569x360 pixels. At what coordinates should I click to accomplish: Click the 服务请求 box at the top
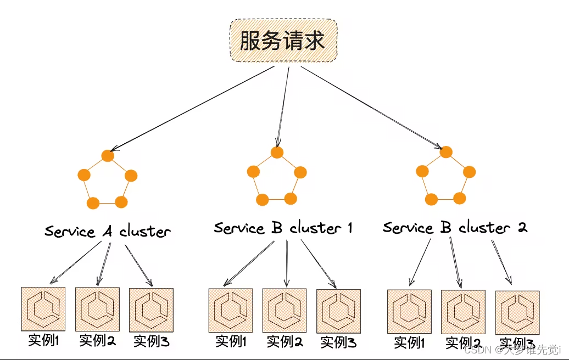[x=282, y=41]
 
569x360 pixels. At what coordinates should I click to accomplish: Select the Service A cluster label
[x=108, y=231]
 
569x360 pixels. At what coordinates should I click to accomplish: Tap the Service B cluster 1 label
[x=283, y=227]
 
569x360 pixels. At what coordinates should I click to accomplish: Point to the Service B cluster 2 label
[x=455, y=227]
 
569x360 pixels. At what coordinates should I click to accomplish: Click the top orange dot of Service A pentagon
[x=108, y=156]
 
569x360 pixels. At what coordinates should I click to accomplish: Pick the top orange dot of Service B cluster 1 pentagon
[x=277, y=152]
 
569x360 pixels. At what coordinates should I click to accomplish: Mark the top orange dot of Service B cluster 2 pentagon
[x=446, y=152]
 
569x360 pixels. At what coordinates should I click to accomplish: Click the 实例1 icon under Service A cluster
[x=43, y=308]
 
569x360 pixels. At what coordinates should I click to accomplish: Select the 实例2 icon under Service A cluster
[x=97, y=309]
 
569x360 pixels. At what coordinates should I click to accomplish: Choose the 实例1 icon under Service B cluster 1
[x=231, y=311]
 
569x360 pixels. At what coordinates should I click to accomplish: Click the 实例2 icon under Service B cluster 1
[x=284, y=311]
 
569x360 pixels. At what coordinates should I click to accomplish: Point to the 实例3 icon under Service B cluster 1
[x=338, y=311]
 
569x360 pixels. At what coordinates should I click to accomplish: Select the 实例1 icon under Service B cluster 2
[x=409, y=312]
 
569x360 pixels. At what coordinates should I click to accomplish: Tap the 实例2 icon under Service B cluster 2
[x=463, y=312]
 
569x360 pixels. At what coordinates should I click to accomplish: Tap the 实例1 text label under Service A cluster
[x=43, y=341]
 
